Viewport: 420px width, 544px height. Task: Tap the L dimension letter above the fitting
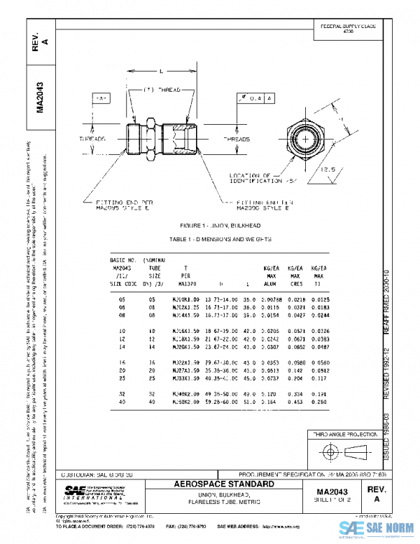click(x=161, y=72)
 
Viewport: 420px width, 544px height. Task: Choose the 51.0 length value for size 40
click(x=248, y=402)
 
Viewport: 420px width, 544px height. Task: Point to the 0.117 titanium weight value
click(x=319, y=379)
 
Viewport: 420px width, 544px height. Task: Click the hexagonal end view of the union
click(x=308, y=133)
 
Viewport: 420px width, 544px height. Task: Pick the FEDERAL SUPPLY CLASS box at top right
click(x=349, y=29)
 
